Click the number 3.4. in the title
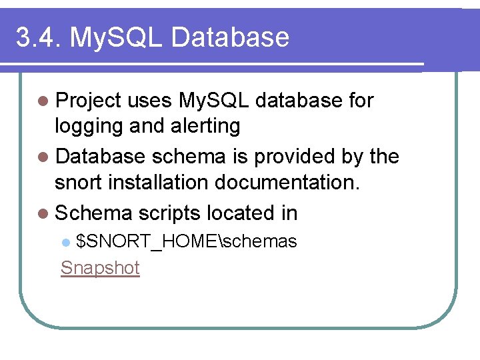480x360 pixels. [x=37, y=37]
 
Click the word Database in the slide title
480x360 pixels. [x=231, y=37]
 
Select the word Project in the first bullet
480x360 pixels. [x=89, y=101]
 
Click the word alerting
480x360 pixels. [x=207, y=125]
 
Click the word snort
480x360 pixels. [x=79, y=183]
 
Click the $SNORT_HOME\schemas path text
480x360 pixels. [x=187, y=241]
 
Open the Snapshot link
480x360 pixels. [x=100, y=268]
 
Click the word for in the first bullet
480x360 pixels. [x=361, y=101]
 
